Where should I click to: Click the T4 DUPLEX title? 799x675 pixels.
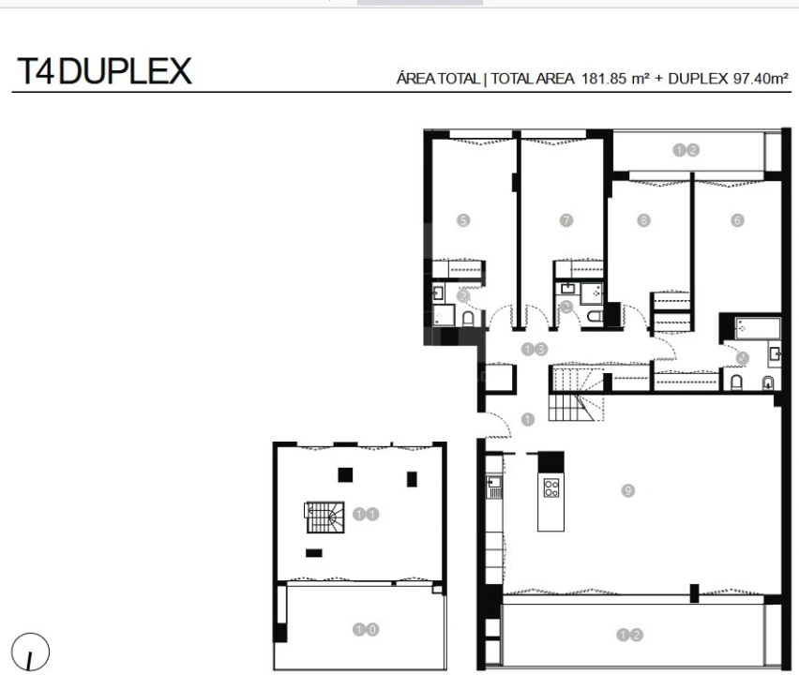103,71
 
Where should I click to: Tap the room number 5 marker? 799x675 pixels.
462,220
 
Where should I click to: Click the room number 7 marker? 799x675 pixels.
565,220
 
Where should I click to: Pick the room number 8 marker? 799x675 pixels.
643,220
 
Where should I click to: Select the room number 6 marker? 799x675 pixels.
737,220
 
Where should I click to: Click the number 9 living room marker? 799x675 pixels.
628,489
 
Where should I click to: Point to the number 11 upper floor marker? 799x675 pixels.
366,514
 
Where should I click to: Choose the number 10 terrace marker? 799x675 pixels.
365,630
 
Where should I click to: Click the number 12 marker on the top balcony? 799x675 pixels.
686,150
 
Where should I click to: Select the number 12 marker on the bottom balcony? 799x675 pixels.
630,635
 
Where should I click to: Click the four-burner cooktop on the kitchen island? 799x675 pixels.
551,487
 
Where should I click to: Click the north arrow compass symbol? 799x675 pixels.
30,652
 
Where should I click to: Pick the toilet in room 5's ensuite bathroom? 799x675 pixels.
468,320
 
